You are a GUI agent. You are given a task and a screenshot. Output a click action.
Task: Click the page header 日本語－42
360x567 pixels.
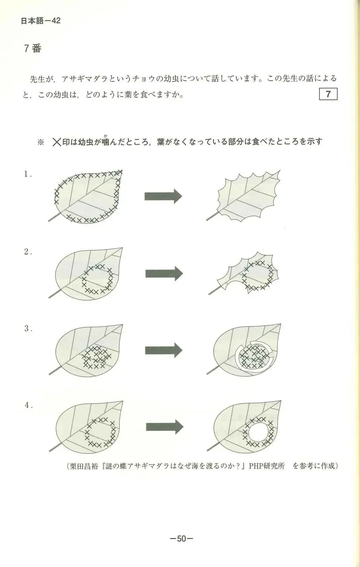[x=41, y=21]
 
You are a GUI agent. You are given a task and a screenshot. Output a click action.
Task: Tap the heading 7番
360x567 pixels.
[x=33, y=49]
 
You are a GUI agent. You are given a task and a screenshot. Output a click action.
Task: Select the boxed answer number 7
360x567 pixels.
[x=328, y=95]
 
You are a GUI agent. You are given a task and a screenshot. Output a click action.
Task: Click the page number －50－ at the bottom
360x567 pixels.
[x=181, y=539]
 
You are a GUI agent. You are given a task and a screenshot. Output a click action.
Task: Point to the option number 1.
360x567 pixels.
[x=27, y=174]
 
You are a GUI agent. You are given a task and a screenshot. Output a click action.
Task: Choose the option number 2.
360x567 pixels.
[x=27, y=252]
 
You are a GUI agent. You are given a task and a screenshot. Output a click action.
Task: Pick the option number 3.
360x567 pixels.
[x=27, y=329]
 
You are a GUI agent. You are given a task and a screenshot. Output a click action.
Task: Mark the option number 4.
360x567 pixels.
[x=27, y=406]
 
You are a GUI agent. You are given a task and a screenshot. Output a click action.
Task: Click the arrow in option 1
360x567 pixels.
[x=163, y=196]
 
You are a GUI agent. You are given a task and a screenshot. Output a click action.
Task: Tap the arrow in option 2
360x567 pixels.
[x=164, y=273]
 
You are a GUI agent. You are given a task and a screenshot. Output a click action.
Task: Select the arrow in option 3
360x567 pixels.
[x=163, y=350]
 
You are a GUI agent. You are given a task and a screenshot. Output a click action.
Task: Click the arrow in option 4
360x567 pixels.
[x=164, y=427]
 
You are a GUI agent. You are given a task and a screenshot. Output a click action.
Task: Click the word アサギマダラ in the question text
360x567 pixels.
[x=84, y=79]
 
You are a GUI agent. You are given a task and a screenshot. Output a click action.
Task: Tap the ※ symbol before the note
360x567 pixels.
[x=41, y=142]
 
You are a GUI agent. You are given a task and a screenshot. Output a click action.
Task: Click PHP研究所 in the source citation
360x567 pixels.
[x=266, y=466]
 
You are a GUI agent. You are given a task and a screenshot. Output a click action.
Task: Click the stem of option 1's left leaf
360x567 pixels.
[x=53, y=217]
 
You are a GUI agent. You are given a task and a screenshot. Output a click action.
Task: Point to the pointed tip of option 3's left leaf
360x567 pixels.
[x=122, y=326]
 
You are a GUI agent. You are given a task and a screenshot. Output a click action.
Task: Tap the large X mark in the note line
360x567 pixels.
[x=57, y=142]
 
